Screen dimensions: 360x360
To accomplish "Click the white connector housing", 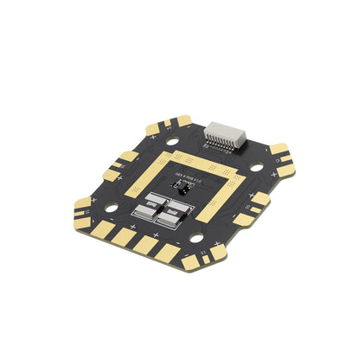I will click(225, 137).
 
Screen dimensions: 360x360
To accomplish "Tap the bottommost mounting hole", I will click(197, 236).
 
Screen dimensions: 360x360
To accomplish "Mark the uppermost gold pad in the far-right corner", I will click(279, 149).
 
